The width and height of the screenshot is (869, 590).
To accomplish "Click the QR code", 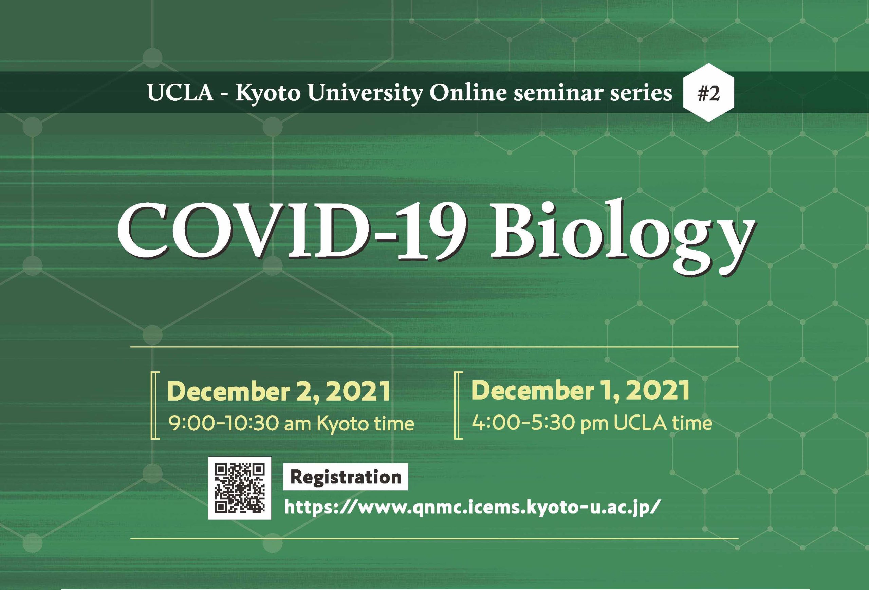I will point(240,488).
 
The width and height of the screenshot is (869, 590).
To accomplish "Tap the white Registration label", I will point(346,477).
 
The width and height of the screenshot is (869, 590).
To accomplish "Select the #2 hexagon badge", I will point(708,93).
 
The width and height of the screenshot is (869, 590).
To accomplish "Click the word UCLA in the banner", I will point(180,93).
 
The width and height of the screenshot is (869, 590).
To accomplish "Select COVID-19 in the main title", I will point(293,232).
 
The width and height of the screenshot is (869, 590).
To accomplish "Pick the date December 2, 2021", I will point(279,391).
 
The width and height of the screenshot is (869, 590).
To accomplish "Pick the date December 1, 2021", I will point(580,390).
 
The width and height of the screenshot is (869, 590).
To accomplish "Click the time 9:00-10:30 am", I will point(240,424).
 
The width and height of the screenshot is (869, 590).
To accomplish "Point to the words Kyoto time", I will point(365,424).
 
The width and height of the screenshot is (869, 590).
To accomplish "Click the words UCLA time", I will point(663,423).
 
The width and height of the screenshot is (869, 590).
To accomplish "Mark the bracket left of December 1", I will point(458,405).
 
